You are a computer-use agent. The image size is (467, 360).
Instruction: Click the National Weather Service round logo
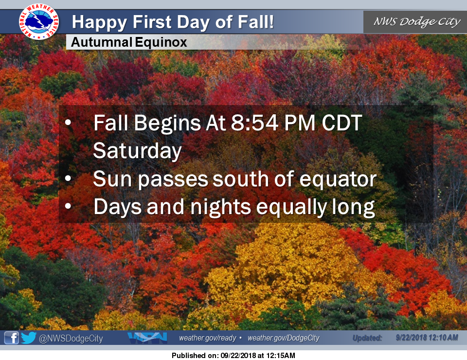pyautogui.click(x=39, y=21)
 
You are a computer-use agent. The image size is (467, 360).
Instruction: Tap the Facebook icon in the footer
pyautogui.click(x=11, y=338)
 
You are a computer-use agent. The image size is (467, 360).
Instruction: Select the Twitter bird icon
pyautogui.click(x=29, y=338)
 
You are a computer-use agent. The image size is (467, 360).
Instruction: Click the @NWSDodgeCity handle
pyautogui.click(x=71, y=339)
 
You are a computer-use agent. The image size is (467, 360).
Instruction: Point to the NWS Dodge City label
pyautogui.click(x=417, y=21)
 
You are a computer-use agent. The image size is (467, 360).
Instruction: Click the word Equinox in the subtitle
pyautogui.click(x=161, y=43)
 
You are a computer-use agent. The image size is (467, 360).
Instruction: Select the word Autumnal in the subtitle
pyautogui.click(x=102, y=42)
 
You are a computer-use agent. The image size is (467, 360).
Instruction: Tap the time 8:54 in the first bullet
pyautogui.click(x=255, y=123)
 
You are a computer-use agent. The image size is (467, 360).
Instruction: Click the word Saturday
pyautogui.click(x=137, y=151)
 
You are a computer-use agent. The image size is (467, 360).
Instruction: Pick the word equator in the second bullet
pyautogui.click(x=338, y=179)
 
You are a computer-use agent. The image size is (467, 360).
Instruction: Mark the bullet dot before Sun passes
pyautogui.click(x=68, y=179)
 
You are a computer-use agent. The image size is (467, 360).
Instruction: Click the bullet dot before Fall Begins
pyautogui.click(x=68, y=122)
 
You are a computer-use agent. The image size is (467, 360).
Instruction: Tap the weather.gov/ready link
pyautogui.click(x=208, y=338)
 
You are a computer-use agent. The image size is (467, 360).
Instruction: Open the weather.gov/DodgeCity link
pyautogui.click(x=284, y=338)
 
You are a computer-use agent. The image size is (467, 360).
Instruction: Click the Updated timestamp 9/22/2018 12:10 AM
pyautogui.click(x=427, y=338)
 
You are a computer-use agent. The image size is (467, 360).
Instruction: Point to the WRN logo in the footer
pyautogui.click(x=147, y=338)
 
